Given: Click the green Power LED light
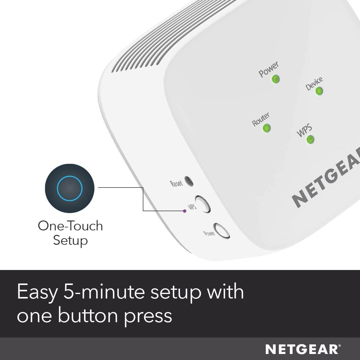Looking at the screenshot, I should pos(275,79).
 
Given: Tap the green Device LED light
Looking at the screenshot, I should pos(319,91).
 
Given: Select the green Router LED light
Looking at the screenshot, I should pos(266,128).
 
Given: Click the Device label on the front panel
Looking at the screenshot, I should pos(314,83).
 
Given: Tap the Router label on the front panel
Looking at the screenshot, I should pos(260,119).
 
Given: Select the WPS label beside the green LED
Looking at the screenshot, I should pos(304,131).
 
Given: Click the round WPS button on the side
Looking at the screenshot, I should pos(202,204).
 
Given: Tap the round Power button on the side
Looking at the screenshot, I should pos(221,231).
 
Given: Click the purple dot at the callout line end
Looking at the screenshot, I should pos(184,211).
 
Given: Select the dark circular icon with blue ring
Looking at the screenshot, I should pos(70,188).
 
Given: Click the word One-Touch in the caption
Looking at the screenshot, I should pos(70,226).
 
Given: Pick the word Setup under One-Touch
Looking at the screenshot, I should pos(70,241).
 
